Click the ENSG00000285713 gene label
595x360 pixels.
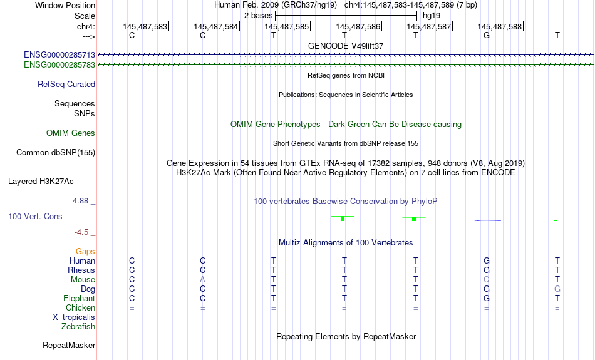[x=59, y=55]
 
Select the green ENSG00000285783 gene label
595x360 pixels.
[x=59, y=65]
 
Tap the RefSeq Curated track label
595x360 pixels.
[x=66, y=85]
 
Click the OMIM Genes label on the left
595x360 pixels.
[x=71, y=133]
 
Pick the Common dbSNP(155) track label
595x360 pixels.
[x=56, y=153]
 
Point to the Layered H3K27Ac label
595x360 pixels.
[x=41, y=182]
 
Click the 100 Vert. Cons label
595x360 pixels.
[x=35, y=216]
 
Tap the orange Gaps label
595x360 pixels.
[x=85, y=252]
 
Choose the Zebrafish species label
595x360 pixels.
[x=78, y=327]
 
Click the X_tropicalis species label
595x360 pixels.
[x=74, y=317]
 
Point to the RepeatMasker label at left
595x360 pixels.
[x=69, y=345]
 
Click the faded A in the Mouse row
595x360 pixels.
[x=203, y=280]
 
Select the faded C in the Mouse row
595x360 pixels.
[x=487, y=280]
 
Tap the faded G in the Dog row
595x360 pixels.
[x=557, y=289]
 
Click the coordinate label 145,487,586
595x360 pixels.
[x=358, y=26]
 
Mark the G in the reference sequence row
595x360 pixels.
[x=487, y=35]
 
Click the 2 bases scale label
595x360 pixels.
[x=259, y=16]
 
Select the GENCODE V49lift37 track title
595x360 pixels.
[x=346, y=46]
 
